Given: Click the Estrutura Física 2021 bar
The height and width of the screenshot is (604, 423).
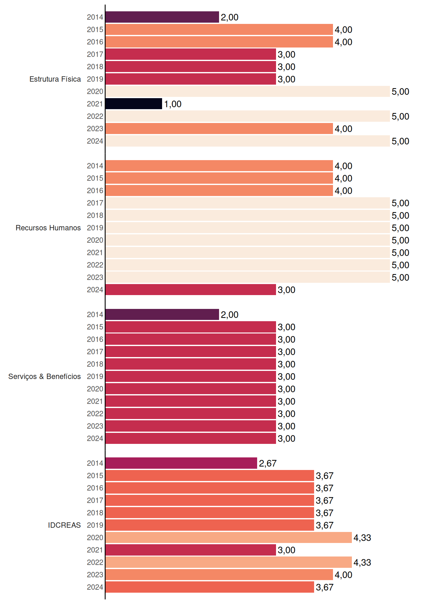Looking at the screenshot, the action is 134,104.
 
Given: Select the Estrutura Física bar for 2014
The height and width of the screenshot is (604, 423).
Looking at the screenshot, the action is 162,17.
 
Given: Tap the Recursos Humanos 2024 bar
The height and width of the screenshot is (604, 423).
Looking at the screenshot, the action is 191,290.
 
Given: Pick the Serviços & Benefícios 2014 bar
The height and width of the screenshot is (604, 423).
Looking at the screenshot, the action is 162,315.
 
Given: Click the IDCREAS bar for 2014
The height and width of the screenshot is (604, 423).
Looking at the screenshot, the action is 181,463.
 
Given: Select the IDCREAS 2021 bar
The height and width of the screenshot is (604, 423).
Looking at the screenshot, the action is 191,550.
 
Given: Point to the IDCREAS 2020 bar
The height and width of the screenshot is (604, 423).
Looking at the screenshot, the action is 228,538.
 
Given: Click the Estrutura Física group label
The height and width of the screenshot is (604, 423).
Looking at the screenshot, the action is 55,79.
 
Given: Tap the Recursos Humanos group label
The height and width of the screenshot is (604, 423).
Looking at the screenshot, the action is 48,228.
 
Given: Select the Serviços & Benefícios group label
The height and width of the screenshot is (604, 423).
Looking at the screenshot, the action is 44,377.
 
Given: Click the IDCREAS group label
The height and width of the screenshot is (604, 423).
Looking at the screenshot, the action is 64,525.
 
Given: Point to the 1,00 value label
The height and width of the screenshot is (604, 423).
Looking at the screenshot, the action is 173,104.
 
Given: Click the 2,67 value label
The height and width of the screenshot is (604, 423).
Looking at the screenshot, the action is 268,463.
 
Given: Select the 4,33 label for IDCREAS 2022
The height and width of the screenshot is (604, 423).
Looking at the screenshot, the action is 362,562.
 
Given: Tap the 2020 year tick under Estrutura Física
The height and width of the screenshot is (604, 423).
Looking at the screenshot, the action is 95,92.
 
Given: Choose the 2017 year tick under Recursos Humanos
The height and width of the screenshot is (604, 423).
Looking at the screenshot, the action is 95,203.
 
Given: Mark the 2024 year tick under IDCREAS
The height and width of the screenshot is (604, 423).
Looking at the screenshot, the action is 95,587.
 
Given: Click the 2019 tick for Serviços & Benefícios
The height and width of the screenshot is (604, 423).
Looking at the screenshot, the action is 95,377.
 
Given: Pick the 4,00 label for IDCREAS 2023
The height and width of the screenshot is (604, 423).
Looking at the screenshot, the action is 343,575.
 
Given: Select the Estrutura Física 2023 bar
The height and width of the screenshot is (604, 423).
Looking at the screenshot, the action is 219,129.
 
